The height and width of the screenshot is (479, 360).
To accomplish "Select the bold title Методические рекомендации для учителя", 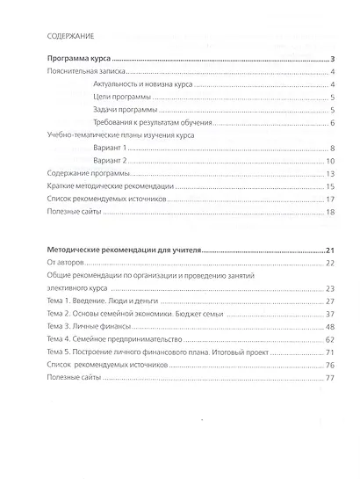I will [x=122, y=250].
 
